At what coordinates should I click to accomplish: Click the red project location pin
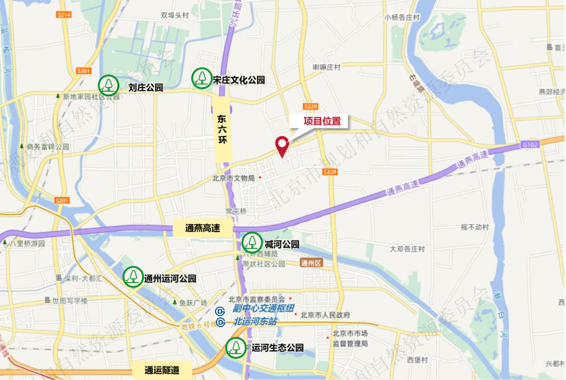click(x=282, y=146)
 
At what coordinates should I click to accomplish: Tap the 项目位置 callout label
click(x=322, y=121)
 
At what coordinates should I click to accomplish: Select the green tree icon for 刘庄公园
click(x=109, y=84)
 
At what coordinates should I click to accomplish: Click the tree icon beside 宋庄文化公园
click(x=201, y=78)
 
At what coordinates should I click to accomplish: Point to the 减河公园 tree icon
click(x=252, y=242)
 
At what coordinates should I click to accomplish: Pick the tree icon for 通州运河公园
click(x=133, y=277)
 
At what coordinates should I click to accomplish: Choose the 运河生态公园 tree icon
click(x=236, y=348)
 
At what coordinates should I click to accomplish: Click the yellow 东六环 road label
click(x=223, y=127)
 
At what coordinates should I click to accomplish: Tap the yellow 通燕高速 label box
click(x=203, y=228)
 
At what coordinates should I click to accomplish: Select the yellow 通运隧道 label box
click(x=162, y=370)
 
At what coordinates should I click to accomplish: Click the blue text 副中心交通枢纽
click(x=263, y=309)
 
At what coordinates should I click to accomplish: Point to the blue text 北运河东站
click(x=256, y=321)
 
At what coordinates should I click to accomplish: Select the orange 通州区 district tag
click(x=308, y=263)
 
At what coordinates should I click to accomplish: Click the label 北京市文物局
click(x=233, y=178)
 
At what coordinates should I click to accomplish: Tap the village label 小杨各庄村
click(x=403, y=17)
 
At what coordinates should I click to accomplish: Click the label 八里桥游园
click(x=28, y=243)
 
